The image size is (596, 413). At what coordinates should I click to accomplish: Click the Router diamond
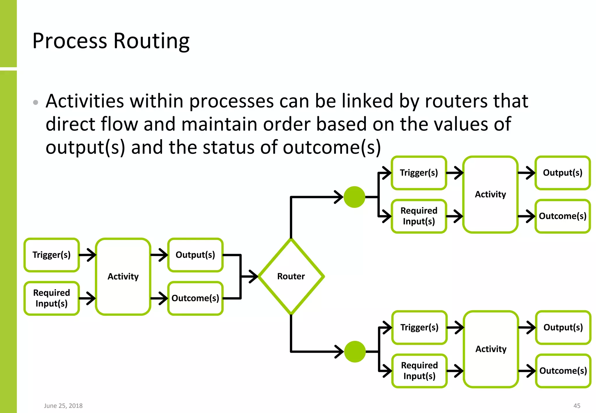tap(291, 276)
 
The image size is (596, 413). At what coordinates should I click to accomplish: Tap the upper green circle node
tap(354, 197)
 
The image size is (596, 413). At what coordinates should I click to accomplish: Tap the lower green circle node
tap(355, 352)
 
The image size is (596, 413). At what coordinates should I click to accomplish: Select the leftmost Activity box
tap(123, 276)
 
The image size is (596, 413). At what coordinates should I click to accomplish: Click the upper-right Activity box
tap(490, 194)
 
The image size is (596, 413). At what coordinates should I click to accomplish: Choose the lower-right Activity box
tap(491, 349)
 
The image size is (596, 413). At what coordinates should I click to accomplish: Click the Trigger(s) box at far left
tap(52, 255)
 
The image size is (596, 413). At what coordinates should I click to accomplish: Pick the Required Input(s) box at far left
tap(52, 298)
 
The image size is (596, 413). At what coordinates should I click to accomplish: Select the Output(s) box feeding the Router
tap(195, 255)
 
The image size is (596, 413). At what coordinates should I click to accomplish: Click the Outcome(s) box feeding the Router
tap(195, 298)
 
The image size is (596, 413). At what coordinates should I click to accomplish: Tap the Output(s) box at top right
tap(563, 173)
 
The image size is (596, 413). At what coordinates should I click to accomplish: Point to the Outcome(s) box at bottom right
tap(563, 370)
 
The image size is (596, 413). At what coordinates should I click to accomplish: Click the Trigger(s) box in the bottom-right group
tap(419, 327)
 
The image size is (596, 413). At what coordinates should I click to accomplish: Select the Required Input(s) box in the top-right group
tap(419, 216)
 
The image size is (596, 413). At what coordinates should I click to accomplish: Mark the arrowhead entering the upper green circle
tap(339, 197)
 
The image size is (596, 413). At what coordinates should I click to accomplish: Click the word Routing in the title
tap(151, 41)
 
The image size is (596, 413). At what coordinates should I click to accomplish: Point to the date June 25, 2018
tap(63, 406)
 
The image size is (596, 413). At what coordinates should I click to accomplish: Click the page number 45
tap(577, 406)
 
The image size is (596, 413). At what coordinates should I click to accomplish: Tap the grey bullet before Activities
tap(36, 102)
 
